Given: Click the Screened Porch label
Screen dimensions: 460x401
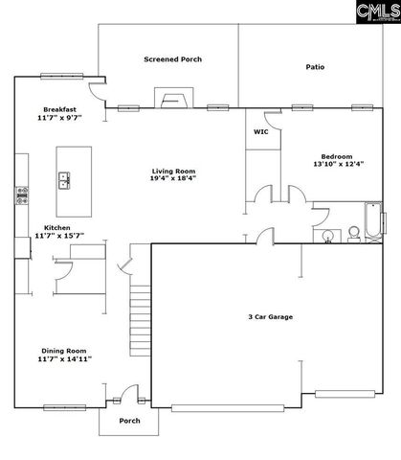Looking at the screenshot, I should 173,59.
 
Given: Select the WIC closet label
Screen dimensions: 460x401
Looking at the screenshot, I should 259,131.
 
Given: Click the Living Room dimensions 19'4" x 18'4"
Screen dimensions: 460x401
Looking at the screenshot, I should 173,178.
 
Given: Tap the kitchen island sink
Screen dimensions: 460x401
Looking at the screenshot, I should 65,177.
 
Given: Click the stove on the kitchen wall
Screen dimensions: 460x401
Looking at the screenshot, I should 18,196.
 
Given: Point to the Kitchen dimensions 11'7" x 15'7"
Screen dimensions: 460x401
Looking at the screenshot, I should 59,235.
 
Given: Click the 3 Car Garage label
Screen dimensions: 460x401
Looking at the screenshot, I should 270,316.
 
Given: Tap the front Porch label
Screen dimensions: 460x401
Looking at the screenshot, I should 129,421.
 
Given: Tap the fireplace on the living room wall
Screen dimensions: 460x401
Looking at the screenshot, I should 173,100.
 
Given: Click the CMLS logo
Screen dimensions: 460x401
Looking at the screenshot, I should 375,12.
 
